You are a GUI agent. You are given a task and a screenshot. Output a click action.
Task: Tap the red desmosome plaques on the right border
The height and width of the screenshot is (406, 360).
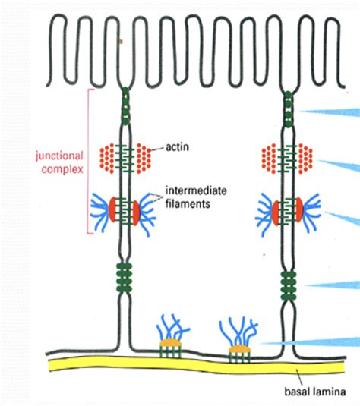(x=289, y=210)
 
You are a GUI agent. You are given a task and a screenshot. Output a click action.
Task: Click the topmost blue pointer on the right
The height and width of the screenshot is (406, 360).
(x=330, y=112)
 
